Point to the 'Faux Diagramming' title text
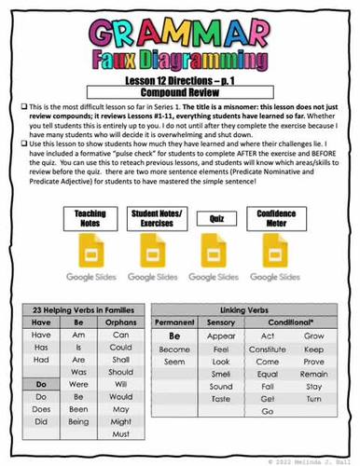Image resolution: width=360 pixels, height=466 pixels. point(179,59)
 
